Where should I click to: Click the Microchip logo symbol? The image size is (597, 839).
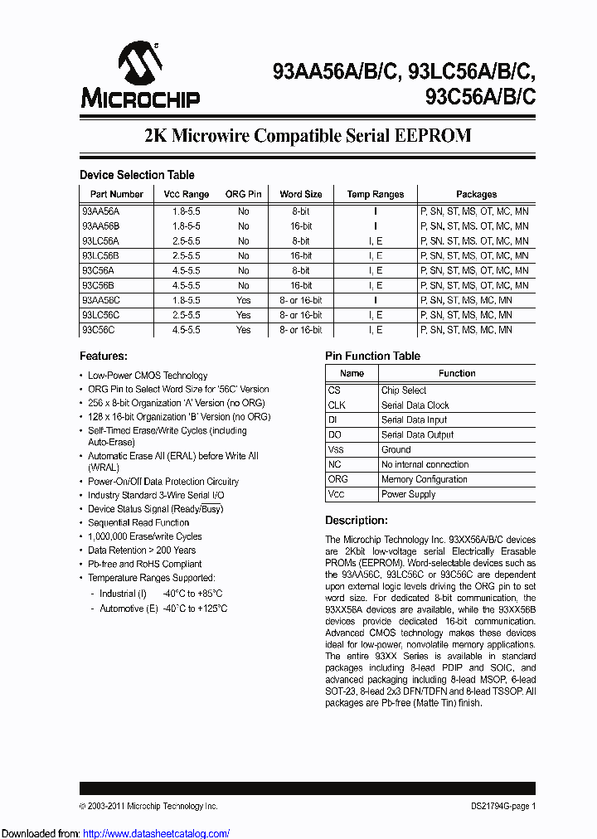139,63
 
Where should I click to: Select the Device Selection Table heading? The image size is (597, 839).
137,175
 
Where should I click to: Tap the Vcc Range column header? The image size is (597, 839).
186,194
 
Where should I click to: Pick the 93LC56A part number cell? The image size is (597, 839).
101,240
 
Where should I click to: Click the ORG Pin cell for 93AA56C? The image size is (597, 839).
243,300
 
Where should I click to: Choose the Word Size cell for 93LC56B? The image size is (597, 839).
300,255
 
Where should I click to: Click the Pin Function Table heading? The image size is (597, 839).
372,356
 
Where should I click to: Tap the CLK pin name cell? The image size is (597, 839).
337,405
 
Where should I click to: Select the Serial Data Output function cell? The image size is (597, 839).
417,435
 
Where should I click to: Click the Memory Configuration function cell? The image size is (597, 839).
424,479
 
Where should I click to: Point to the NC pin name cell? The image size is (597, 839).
334,464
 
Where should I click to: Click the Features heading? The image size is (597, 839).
104,356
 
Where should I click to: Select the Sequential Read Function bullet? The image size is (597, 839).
138,523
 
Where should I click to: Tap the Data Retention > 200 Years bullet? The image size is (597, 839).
142,550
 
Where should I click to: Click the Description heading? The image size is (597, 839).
356,521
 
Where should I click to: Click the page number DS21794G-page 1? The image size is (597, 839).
498,806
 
